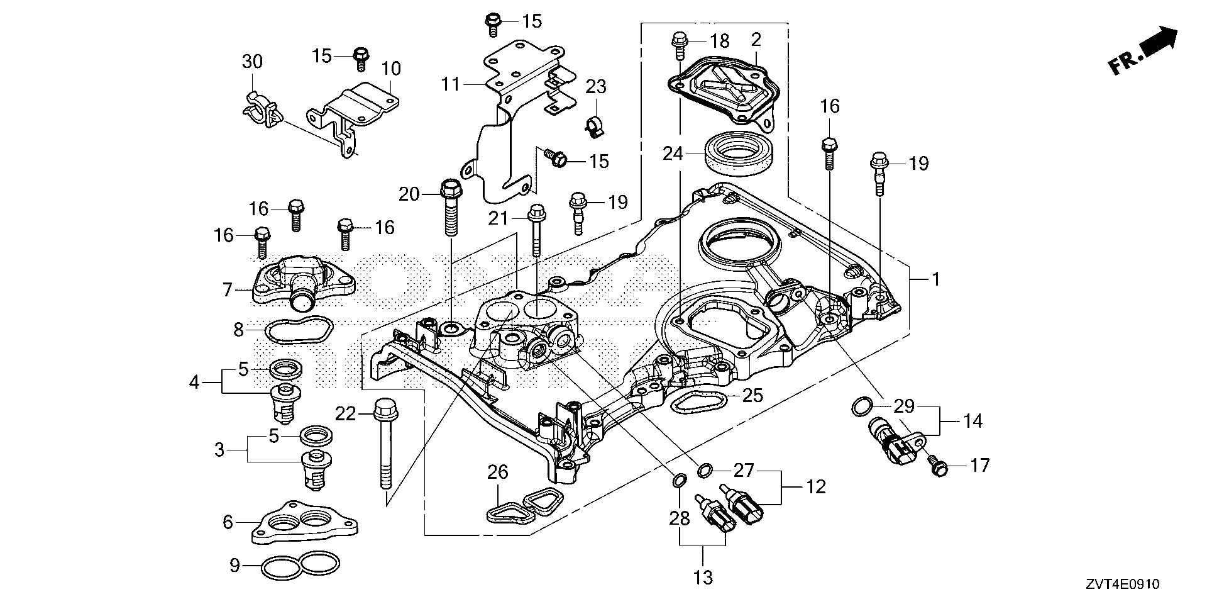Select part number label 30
click(x=252, y=62)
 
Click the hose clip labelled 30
click(x=260, y=108)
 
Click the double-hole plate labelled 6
click(x=305, y=522)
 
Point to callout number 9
click(x=234, y=566)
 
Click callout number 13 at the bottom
click(x=704, y=576)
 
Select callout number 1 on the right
click(x=935, y=279)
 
